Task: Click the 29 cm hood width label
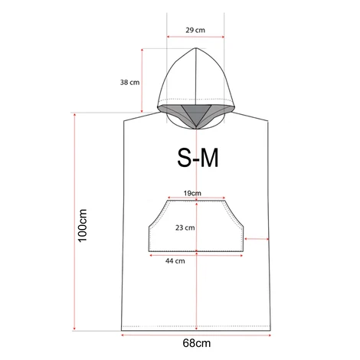click(195, 30)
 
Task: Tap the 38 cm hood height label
click(129, 83)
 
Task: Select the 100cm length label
click(83, 225)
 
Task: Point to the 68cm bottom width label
click(197, 343)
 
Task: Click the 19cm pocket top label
click(192, 193)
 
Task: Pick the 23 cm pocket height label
click(185, 227)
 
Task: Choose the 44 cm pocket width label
click(175, 261)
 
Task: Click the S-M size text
click(198, 158)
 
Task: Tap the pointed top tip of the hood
click(196, 47)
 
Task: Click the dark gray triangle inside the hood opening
click(196, 114)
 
